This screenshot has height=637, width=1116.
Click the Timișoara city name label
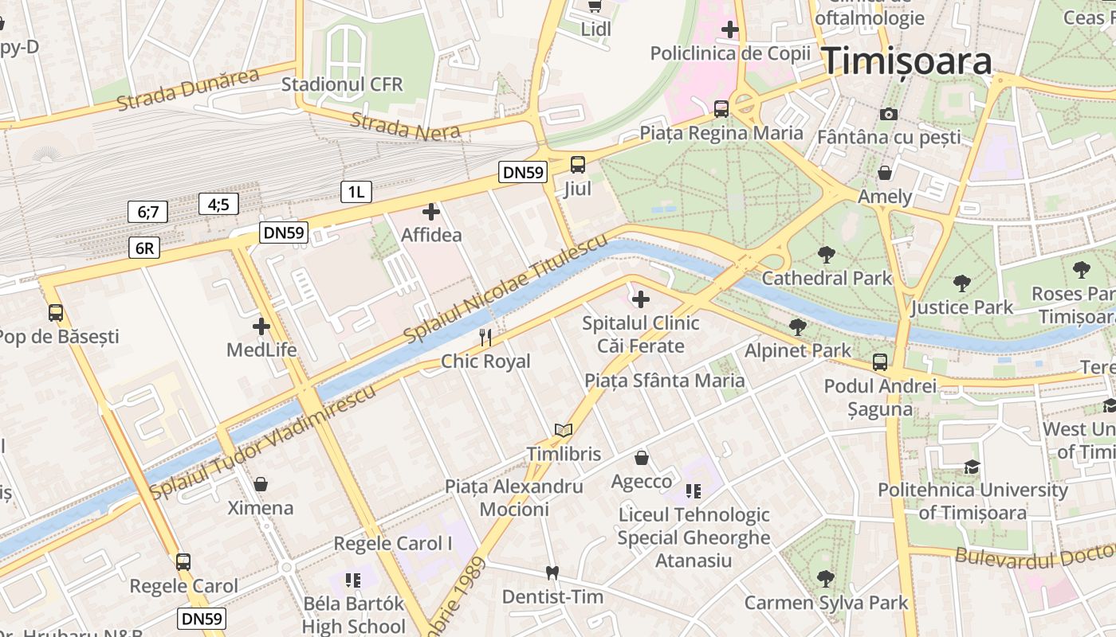(907, 61)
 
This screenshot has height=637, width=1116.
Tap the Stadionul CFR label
(342, 84)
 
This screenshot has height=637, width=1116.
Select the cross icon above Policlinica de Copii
(729, 30)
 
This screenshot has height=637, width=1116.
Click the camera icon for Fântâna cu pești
(889, 114)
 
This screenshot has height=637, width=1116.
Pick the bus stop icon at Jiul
(578, 165)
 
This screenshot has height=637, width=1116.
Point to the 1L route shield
(356, 191)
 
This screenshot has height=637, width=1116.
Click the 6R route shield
(144, 248)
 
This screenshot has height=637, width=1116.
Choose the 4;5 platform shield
(218, 204)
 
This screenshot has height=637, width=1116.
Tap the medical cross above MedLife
(261, 326)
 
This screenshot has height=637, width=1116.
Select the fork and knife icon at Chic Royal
(485, 338)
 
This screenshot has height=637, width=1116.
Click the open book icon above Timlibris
(564, 431)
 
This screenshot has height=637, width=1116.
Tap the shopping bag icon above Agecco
(642, 458)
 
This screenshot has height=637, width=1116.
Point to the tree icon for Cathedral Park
(827, 255)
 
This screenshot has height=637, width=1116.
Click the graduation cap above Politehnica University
(971, 467)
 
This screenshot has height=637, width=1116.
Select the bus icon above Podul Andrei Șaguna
(880, 362)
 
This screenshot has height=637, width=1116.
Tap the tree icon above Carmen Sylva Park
(826, 579)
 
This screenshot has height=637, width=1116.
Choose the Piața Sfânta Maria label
(665, 380)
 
